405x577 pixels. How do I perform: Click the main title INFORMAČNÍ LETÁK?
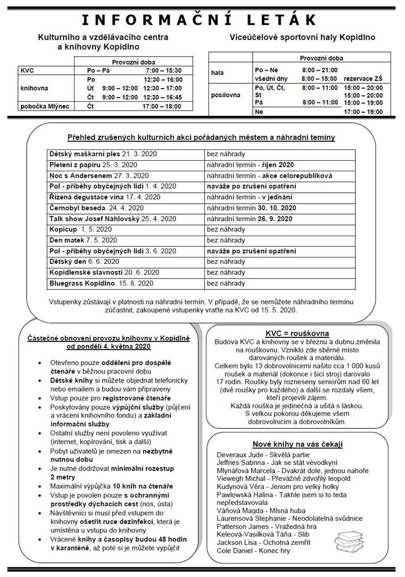tap(202, 20)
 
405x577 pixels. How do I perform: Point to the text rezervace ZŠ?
tap(363, 78)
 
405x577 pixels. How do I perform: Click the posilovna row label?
tap(226, 95)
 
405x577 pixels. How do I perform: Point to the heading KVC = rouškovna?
tap(297, 333)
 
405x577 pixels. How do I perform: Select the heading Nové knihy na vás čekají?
tap(297, 443)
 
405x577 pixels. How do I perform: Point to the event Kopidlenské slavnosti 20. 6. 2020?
tap(104, 272)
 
